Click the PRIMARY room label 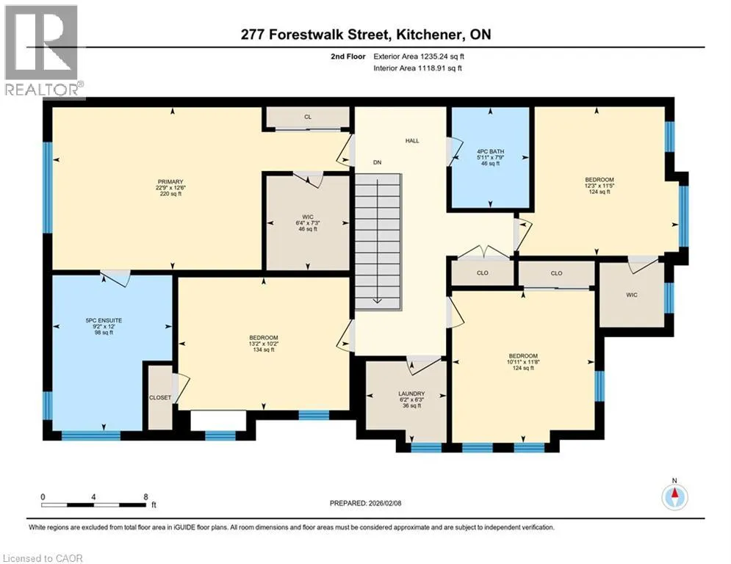point(170,182)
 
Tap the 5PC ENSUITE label point(104,321)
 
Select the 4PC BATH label point(491,152)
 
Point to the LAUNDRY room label point(411,394)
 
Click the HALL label point(412,141)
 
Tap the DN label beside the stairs point(377,163)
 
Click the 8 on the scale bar point(146,497)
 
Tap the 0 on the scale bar point(43,497)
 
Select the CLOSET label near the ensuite point(160,397)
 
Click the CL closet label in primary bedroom point(308,117)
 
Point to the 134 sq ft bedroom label point(264,350)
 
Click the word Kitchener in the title point(428,35)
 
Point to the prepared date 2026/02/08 point(385,503)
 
